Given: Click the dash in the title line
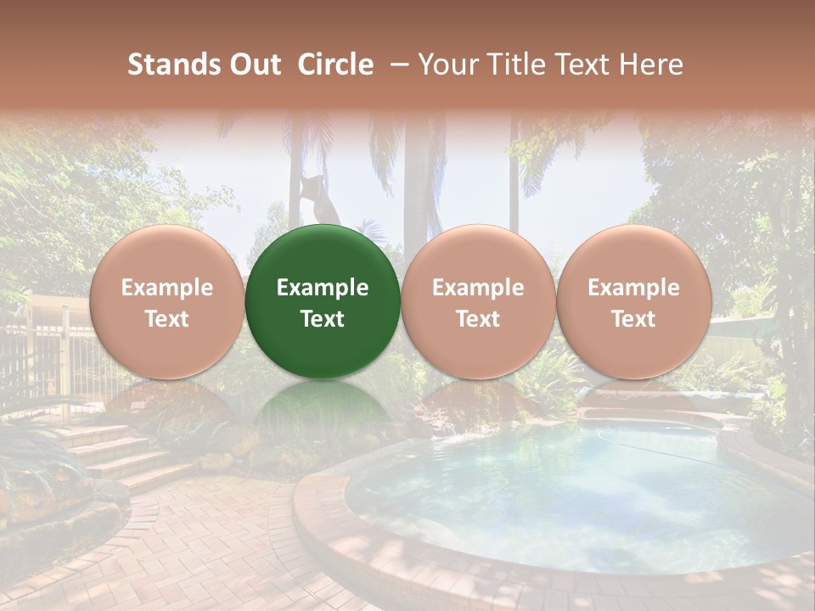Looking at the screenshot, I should click(x=395, y=64).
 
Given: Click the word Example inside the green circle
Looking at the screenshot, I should click(x=323, y=288).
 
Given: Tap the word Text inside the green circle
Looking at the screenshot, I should click(x=323, y=319).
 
